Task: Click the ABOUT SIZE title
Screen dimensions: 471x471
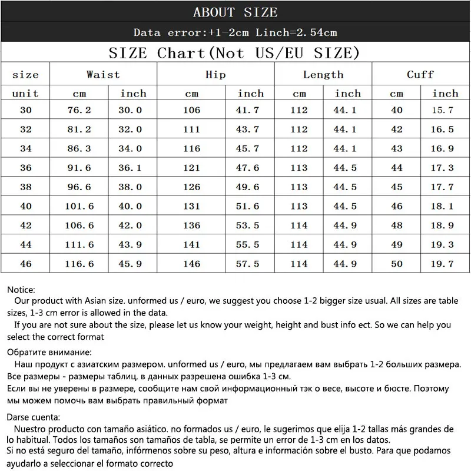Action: pyautogui.click(x=235, y=12)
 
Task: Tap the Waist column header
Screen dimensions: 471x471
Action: pyautogui.click(x=103, y=74)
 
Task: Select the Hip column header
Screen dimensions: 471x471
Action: pyautogui.click(x=215, y=74)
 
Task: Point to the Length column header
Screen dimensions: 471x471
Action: pyautogui.click(x=323, y=74)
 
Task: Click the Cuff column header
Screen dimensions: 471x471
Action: pyautogui.click(x=420, y=74)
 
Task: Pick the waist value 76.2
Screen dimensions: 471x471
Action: pyautogui.click(x=80, y=110)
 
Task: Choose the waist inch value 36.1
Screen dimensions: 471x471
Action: pyautogui.click(x=131, y=168)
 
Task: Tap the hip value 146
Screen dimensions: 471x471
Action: pyautogui.click(x=192, y=264)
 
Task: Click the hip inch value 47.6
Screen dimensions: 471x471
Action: pyautogui.click(x=248, y=168)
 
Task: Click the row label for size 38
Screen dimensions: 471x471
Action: pyautogui.click(x=25, y=187)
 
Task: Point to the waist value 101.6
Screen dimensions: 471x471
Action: pyautogui.click(x=80, y=206)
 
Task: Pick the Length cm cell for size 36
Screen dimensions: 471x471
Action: pyautogui.click(x=299, y=168)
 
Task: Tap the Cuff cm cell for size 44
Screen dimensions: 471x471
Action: pyautogui.click(x=397, y=244)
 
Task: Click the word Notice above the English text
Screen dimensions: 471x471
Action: pyautogui.click(x=21, y=290)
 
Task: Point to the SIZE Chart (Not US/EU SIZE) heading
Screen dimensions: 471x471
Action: pyautogui.click(x=234, y=53)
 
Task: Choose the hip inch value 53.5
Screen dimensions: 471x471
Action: pyautogui.click(x=248, y=225)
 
